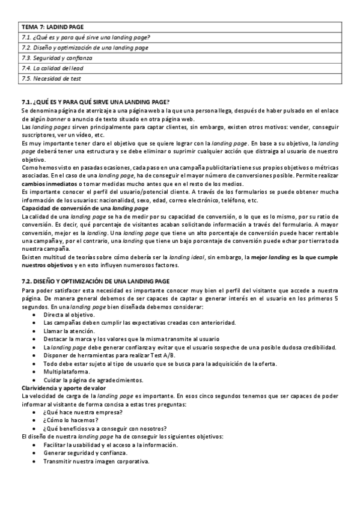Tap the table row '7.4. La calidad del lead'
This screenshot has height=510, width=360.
click(53, 68)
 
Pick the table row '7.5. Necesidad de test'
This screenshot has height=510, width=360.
click(51, 78)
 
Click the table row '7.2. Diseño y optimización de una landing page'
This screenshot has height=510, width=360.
click(85, 48)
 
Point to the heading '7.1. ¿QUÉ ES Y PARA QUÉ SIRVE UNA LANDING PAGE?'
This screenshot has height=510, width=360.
click(95, 102)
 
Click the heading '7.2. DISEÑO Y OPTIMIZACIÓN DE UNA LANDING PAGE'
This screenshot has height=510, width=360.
click(96, 281)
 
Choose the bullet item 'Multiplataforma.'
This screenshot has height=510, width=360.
click(67, 372)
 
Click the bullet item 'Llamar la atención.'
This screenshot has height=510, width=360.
click(69, 331)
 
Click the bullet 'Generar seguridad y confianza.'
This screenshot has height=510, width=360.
click(85, 453)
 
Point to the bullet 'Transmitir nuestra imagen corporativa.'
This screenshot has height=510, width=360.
click(96, 461)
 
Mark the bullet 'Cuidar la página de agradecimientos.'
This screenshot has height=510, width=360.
click(93, 380)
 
